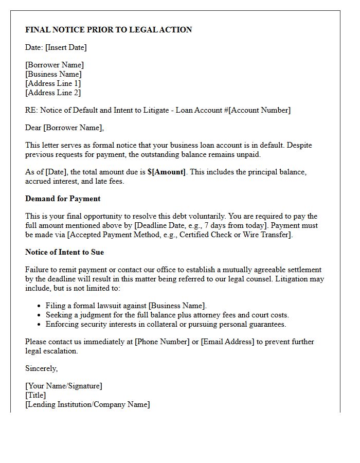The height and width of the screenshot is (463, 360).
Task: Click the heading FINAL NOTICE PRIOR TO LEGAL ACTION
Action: pos(109,30)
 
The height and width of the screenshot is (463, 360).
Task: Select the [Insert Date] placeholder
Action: pos(66,47)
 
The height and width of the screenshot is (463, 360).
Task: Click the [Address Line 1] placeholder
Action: pos(53,83)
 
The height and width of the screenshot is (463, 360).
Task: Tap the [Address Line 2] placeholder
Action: pos(53,93)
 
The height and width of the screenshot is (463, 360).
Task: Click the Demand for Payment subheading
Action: pos(63,199)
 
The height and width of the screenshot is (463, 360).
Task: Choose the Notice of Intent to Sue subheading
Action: pos(64,252)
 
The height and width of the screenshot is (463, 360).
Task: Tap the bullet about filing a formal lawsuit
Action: pos(126,306)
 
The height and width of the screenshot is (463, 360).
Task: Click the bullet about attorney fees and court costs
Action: pos(167,315)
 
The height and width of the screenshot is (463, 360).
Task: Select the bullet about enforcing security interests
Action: pos(166,324)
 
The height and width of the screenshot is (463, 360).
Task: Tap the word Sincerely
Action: pos(41,368)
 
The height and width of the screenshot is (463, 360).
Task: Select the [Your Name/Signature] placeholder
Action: pos(64,386)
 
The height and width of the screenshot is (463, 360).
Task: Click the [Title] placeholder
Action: pos(35,395)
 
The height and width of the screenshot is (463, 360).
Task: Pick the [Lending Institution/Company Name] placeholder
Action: pos(87,404)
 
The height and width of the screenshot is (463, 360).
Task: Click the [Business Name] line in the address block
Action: pos(53,74)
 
